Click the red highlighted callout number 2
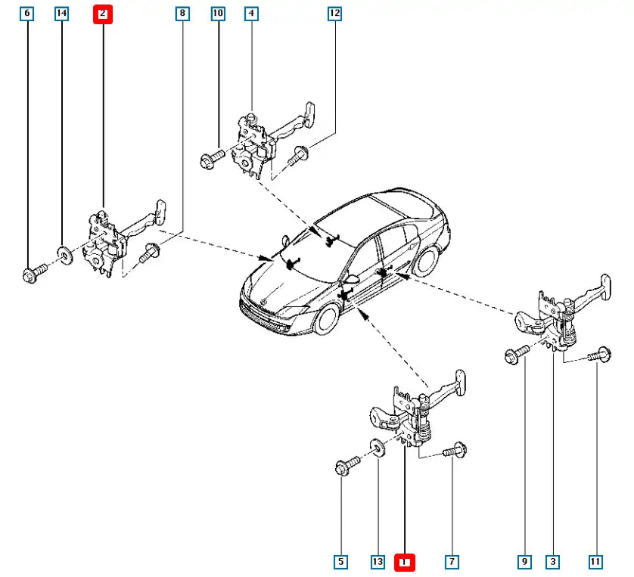tap(103, 14)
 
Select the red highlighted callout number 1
tap(405, 562)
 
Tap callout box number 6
tap(28, 14)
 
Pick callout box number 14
tap(61, 14)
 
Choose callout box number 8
tap(182, 14)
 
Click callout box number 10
tap(218, 14)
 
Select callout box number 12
tap(334, 14)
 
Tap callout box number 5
tap(341, 562)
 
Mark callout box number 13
tap(378, 562)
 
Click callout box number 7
tap(452, 562)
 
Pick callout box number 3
tap(554, 562)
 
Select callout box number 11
tap(595, 562)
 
